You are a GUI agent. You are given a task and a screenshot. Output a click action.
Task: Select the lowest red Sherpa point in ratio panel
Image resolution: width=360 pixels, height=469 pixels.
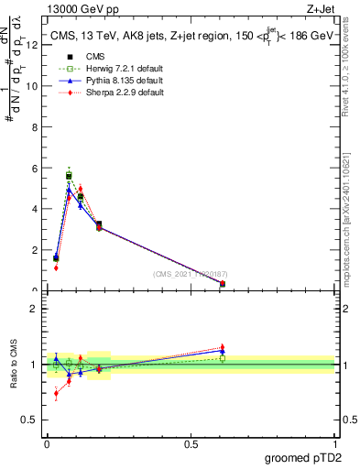tap(56, 394)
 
